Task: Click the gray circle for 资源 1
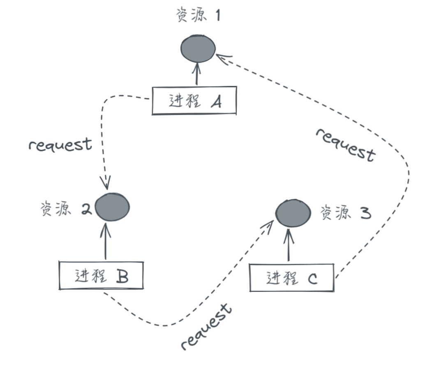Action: tap(198, 48)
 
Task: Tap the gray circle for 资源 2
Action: tap(112, 207)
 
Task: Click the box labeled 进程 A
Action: tap(194, 100)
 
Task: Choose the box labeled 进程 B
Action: tap(101, 275)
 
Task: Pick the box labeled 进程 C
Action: tap(291, 278)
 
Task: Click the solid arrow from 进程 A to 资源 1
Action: tap(197, 74)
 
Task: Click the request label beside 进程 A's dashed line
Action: tap(60, 145)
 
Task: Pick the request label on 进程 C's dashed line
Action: tap(345, 144)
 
